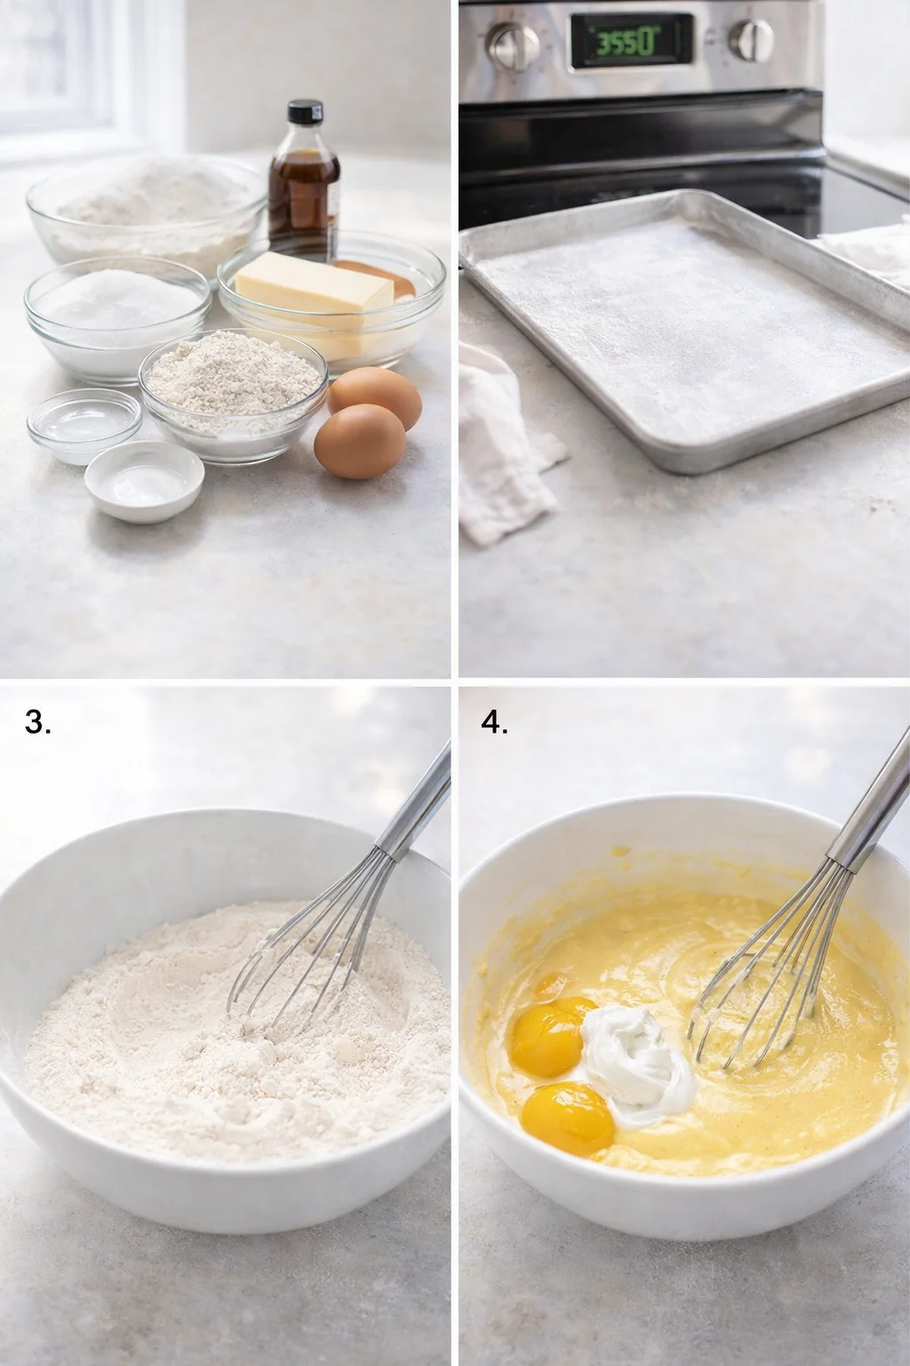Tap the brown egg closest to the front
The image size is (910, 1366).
coord(359,442)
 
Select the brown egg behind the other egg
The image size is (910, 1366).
coord(375,396)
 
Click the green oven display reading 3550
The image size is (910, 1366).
coord(630,42)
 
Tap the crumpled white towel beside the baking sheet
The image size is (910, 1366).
coord(502,445)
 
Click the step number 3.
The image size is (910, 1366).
coord(38,723)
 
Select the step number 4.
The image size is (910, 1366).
coord(495,723)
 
